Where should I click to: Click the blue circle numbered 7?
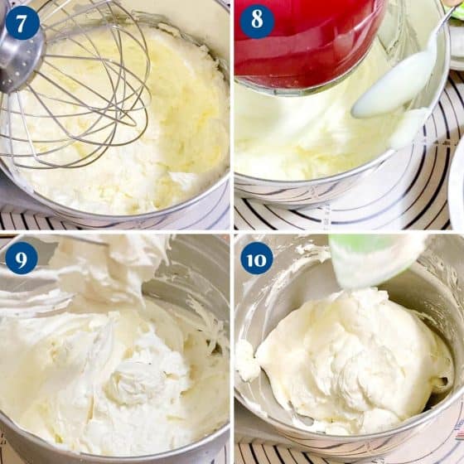22,22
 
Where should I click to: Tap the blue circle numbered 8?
257,21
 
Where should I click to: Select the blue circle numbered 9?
22,258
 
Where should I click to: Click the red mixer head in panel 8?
307,41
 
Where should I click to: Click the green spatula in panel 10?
376,260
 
